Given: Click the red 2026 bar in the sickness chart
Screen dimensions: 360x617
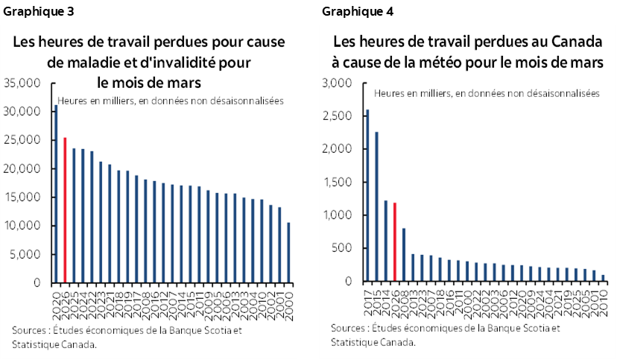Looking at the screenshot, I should [x=65, y=210].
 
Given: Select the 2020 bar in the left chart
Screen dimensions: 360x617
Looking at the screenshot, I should [x=56, y=194].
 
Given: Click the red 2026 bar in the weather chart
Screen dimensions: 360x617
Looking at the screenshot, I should [x=394, y=242].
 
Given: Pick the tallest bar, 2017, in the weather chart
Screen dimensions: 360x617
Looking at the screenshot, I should [x=367, y=195].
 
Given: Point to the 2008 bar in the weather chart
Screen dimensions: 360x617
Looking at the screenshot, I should [x=403, y=255].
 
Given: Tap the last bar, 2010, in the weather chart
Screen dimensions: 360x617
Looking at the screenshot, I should [x=603, y=278].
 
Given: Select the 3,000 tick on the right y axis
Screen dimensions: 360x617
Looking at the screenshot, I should [x=339, y=83].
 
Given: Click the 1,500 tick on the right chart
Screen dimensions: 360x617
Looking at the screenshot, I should [x=339, y=182].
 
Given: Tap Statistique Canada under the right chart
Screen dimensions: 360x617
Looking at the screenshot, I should [x=373, y=342].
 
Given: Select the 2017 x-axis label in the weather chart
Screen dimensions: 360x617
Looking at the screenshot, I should [x=367, y=296].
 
